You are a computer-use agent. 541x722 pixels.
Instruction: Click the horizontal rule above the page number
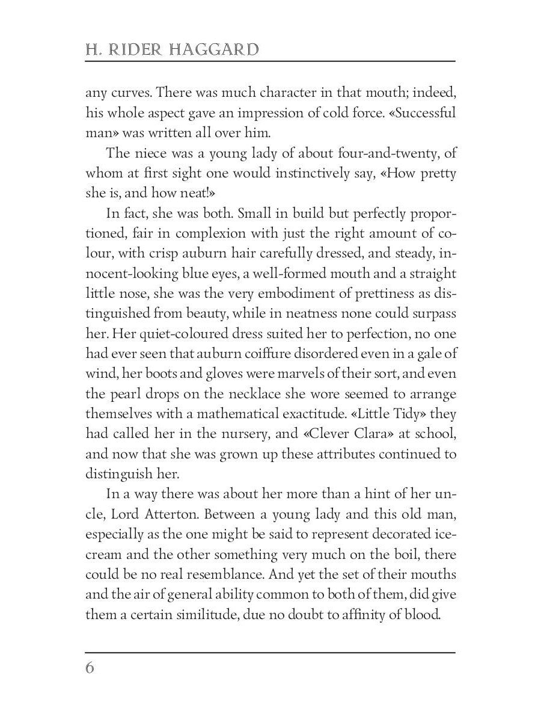click(270, 652)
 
